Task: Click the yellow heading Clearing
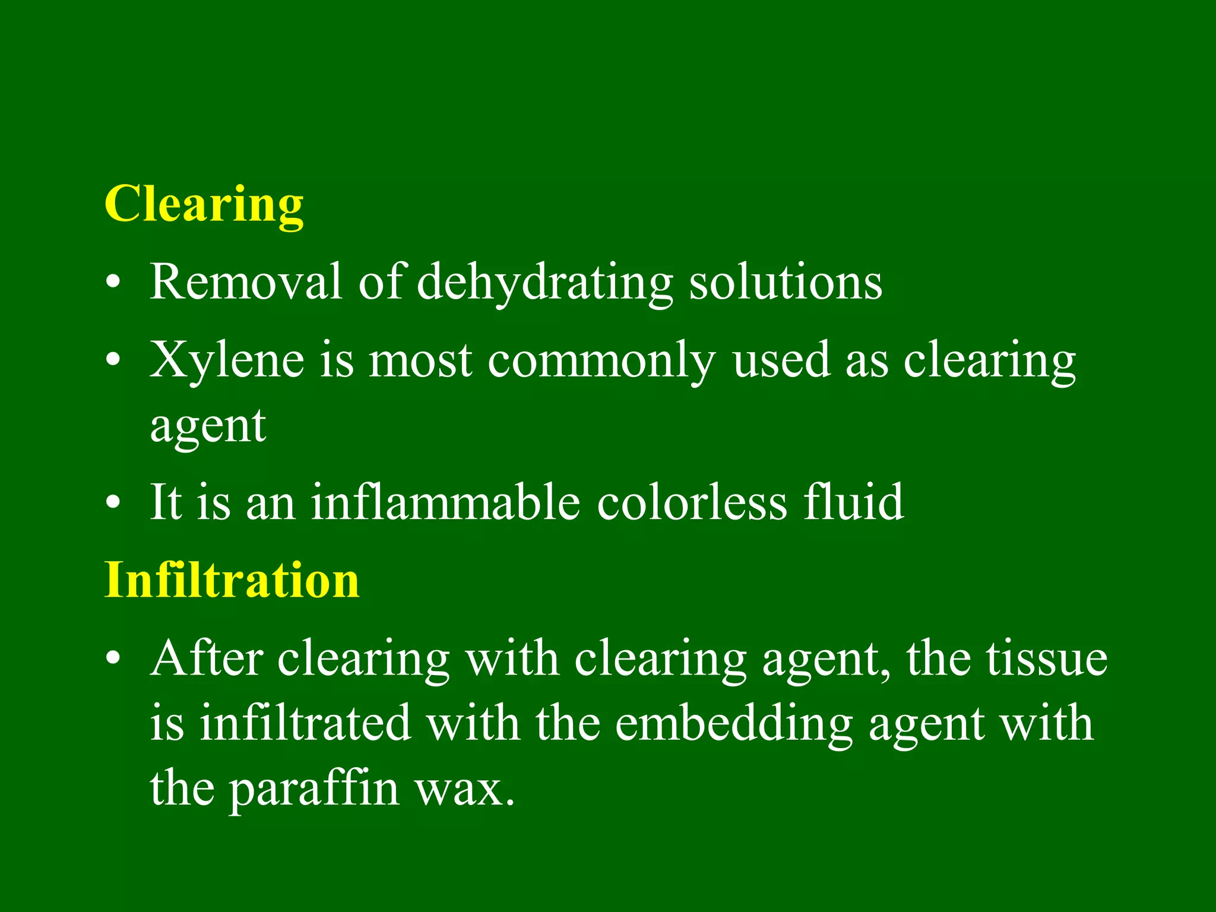(x=204, y=204)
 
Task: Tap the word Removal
(x=245, y=281)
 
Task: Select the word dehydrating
(x=544, y=283)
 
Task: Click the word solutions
(x=785, y=283)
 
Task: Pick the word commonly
(x=601, y=361)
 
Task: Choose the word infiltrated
(x=305, y=723)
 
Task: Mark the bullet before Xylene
(x=113, y=361)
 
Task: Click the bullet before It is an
(x=113, y=503)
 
